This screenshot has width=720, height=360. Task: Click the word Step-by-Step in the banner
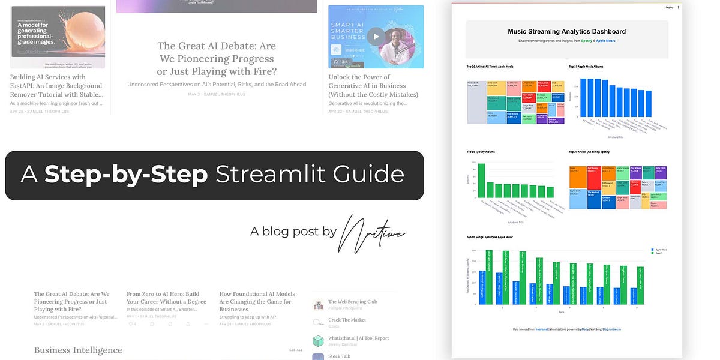[126, 175]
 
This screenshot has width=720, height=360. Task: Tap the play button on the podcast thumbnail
[376, 36]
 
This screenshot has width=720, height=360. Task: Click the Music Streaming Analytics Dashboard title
[566, 32]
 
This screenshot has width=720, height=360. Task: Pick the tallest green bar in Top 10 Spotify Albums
[481, 181]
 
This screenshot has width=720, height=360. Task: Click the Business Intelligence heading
[78, 350]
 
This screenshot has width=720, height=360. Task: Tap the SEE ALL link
[296, 350]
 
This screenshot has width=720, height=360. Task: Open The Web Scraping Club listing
[352, 302]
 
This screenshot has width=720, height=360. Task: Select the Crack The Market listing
[347, 320]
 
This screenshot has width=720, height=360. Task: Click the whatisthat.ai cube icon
[318, 340]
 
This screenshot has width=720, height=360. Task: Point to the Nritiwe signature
[372, 230]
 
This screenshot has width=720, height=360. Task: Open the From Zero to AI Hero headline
[166, 298]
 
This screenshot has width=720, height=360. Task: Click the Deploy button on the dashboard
[669, 8]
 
